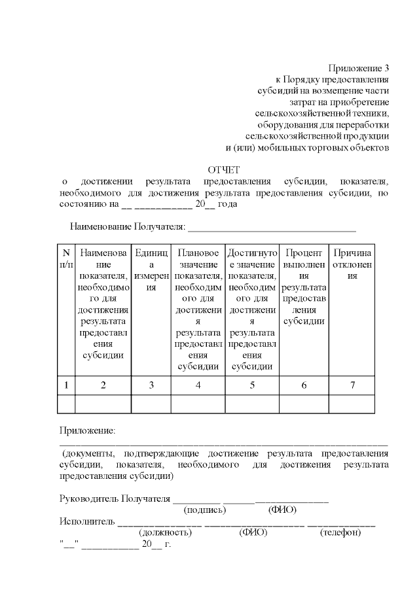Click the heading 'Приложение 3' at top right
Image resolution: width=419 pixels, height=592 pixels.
tap(359, 68)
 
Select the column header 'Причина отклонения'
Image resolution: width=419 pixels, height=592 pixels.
tap(352, 264)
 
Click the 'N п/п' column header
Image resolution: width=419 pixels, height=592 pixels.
tap(66, 258)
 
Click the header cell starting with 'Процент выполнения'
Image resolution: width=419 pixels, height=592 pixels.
tap(304, 287)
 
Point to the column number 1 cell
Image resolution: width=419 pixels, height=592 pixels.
tap(66, 385)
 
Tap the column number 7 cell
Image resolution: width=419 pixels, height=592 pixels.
tap(352, 385)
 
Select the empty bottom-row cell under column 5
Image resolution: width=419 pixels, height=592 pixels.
tap(252, 404)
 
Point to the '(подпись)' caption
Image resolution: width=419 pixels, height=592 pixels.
tap(205, 510)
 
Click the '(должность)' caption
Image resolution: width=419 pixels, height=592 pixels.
tap(166, 533)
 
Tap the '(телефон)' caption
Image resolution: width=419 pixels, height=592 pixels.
tap(340, 533)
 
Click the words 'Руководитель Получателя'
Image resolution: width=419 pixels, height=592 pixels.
tap(115, 498)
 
